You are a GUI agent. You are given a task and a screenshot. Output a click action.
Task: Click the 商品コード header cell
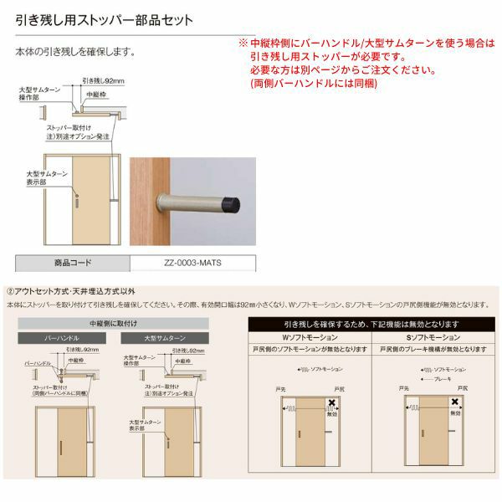point(74,262)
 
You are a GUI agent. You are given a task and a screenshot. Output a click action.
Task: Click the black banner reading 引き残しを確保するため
point(370,323)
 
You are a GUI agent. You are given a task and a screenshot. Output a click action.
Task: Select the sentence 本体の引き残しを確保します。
point(75,52)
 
